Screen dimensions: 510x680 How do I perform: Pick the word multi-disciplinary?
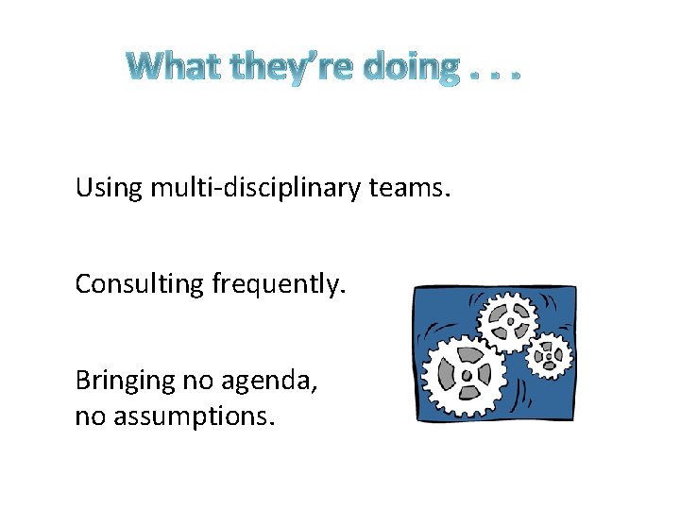(x=254, y=189)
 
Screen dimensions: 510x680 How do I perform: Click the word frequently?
(x=274, y=283)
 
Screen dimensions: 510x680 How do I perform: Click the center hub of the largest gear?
(x=466, y=375)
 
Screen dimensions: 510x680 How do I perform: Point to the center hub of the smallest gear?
(x=547, y=356)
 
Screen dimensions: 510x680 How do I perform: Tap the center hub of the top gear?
(x=510, y=320)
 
